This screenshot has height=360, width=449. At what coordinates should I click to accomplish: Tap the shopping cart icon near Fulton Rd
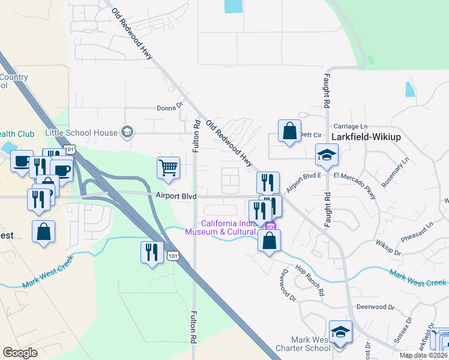(169, 168)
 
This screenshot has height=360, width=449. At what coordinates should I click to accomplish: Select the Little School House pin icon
(127, 133)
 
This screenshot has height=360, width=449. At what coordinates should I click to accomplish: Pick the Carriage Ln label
(350, 127)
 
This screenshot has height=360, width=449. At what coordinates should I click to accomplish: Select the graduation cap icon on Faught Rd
(327, 156)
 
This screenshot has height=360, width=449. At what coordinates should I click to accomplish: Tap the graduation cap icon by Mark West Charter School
(340, 332)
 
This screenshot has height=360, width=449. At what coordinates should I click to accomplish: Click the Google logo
(20, 353)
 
